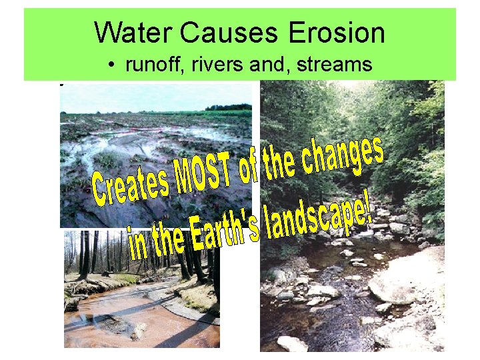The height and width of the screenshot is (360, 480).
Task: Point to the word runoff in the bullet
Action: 146,65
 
